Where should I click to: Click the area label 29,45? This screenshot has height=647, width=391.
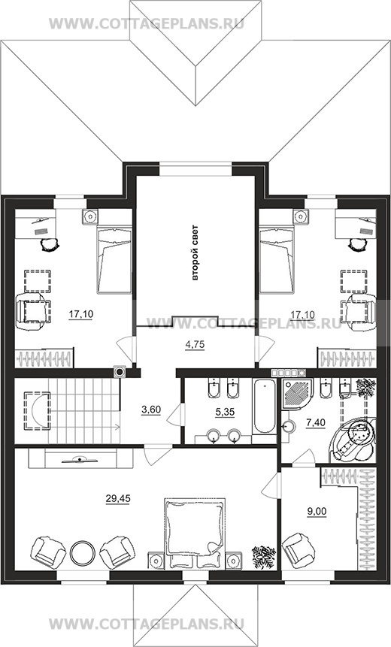pos(118,499)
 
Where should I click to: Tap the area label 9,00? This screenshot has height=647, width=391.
pos(317,512)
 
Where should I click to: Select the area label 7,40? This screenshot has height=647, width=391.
pos(316,422)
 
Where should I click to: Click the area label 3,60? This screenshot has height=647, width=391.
pos(150,410)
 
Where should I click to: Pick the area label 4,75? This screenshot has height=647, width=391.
pos(195,345)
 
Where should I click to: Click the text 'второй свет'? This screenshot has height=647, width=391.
pos(195,252)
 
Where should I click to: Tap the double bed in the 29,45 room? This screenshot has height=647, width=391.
pos(195,533)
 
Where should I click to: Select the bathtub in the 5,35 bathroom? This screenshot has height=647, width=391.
pos(264,407)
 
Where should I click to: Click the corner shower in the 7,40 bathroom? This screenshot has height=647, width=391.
pos(297,394)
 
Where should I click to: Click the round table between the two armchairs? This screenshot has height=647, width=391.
pos(83,553)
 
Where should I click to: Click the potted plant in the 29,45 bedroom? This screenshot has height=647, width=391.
pos(264,557)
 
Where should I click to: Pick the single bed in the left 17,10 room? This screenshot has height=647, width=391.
pos(114,260)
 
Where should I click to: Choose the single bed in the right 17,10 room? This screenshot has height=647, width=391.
pos(277,260)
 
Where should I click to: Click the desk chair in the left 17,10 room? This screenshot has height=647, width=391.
pos(50,245)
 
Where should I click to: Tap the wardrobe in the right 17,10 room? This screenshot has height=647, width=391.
pos(347,358)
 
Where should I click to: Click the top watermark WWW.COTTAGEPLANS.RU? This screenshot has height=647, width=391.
pos(147,23)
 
